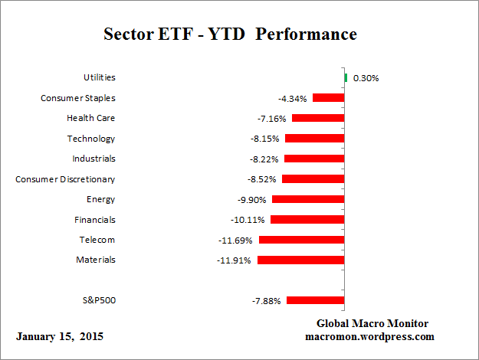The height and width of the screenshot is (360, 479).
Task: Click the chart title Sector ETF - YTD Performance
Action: [x=230, y=35]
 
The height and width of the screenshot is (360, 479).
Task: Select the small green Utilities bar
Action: [x=346, y=77]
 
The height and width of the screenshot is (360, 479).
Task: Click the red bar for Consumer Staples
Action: [x=328, y=98]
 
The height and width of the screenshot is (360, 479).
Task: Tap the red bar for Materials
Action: [x=300, y=260]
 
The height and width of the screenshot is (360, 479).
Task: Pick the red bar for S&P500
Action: [x=315, y=300]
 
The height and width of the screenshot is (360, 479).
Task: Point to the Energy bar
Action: [x=308, y=199]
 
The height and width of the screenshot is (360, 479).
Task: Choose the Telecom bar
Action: [x=301, y=240]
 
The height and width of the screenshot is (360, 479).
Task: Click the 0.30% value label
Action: [x=366, y=78]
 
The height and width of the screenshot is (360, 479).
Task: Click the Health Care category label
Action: [x=91, y=118]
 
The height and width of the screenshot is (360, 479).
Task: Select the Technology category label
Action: [x=91, y=139]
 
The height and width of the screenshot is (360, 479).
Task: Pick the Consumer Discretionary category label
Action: [x=65, y=179]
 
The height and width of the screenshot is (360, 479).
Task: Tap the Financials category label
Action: [x=94, y=219]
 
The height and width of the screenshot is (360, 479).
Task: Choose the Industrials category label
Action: [x=93, y=159]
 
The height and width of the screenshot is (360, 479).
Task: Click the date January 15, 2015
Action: [x=59, y=336]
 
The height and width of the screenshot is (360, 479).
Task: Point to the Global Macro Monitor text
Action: [x=372, y=323]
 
